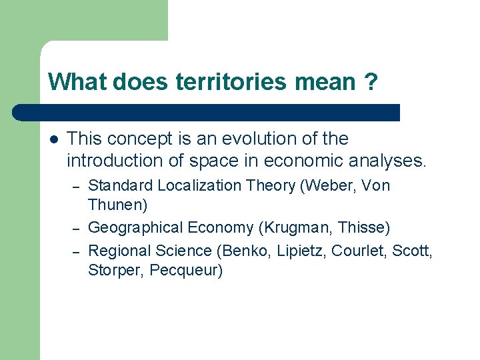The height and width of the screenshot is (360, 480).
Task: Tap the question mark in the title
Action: tap(371, 82)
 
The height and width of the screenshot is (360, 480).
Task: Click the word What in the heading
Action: tap(78, 82)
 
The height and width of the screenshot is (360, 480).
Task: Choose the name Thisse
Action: tap(360, 228)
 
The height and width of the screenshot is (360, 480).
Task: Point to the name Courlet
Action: tap(364, 251)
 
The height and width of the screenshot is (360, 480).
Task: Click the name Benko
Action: tap(249, 251)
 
